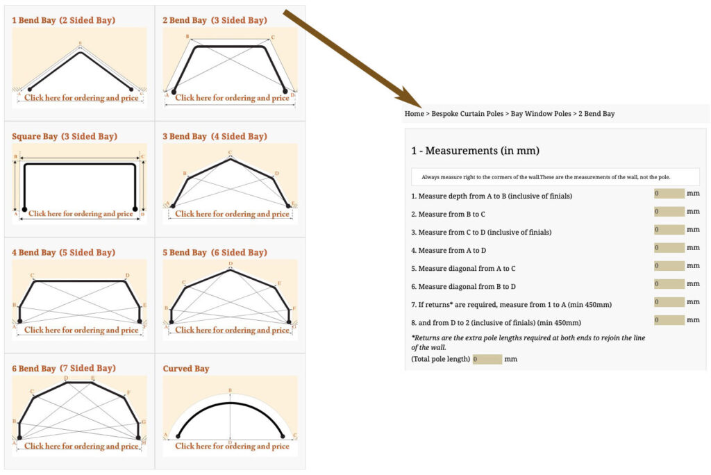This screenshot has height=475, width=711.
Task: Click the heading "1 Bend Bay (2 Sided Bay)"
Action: [63, 20]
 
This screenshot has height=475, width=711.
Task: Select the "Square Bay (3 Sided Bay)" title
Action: [65, 137]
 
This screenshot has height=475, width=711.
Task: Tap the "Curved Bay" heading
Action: [186, 368]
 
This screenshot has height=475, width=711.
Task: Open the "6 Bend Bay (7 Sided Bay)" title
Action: [63, 368]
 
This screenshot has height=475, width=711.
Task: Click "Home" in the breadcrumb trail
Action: [414, 114]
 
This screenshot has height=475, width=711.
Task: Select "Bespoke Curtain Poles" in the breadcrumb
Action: [467, 114]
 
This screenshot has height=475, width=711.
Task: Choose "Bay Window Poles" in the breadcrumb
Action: [541, 114]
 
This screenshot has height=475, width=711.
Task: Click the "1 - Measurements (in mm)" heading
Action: [475, 151]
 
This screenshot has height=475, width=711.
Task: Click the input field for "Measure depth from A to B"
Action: [669, 194]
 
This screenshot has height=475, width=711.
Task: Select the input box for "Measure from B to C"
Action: [669, 211]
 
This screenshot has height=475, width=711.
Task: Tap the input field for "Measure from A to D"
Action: [669, 248]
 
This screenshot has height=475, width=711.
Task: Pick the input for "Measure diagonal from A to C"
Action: [669, 266]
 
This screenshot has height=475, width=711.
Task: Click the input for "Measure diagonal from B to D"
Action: [669, 284]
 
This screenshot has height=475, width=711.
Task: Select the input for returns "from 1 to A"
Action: [669, 302]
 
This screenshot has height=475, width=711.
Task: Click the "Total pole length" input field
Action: [487, 359]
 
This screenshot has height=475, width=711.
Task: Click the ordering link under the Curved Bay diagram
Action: [232, 446]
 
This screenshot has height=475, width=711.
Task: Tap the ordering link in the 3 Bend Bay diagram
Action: [232, 214]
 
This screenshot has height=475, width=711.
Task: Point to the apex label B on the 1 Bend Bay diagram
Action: [81, 44]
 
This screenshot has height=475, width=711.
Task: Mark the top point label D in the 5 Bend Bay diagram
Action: [231, 264]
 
